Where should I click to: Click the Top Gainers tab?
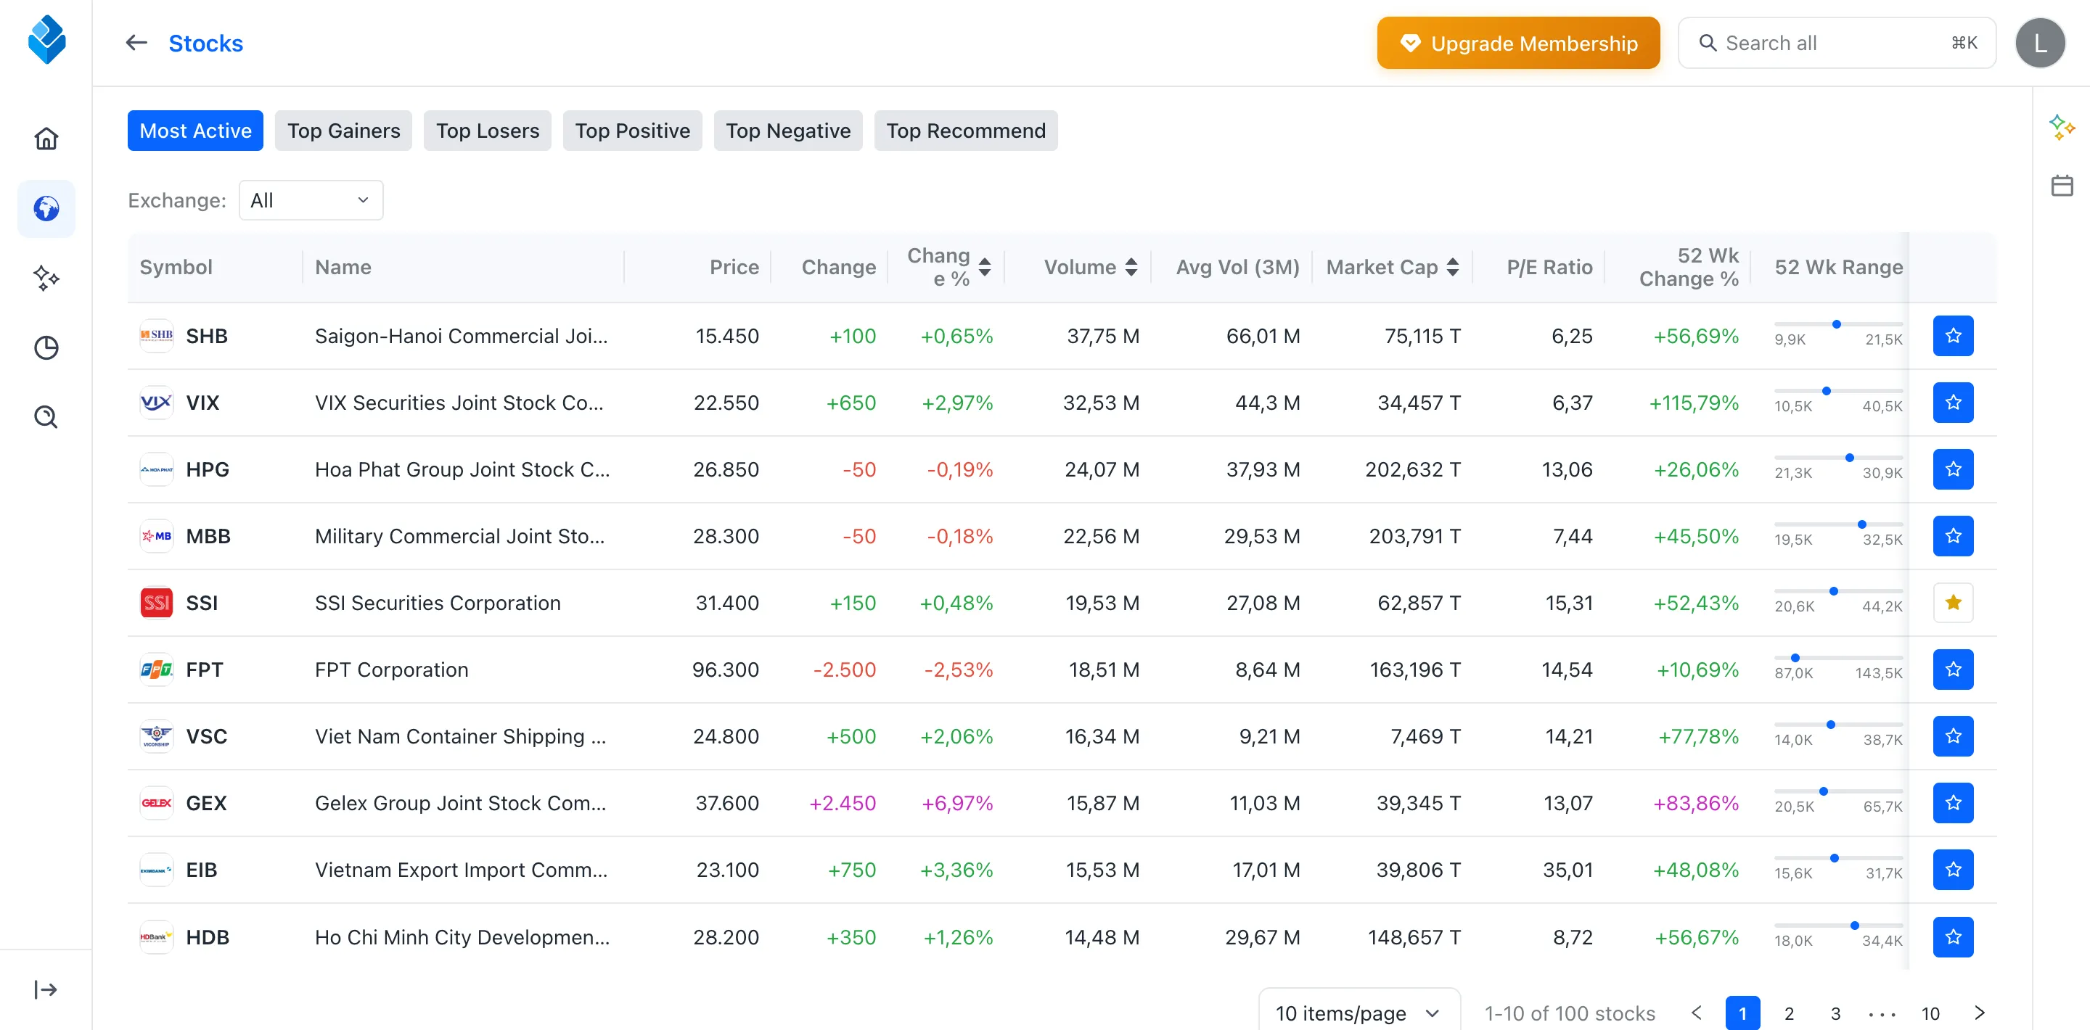pyautogui.click(x=343, y=131)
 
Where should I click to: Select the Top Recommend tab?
pyautogui.click(x=965, y=131)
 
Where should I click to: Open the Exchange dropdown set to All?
pyautogui.click(x=311, y=200)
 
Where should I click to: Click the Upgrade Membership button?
pyautogui.click(x=1518, y=43)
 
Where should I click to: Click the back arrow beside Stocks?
pyautogui.click(x=136, y=43)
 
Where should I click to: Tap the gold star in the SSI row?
pyautogui.click(x=1953, y=603)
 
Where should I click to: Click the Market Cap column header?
pyautogui.click(x=1382, y=267)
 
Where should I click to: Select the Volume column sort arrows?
pyautogui.click(x=1132, y=267)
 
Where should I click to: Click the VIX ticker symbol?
pyautogui.click(x=203, y=403)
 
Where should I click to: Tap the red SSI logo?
pyautogui.click(x=157, y=603)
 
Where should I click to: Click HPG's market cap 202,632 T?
pyautogui.click(x=1412, y=469)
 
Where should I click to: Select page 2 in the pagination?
pyautogui.click(x=1789, y=1013)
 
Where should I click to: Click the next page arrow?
pyautogui.click(x=1979, y=1013)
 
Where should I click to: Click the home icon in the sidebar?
pyautogui.click(x=46, y=139)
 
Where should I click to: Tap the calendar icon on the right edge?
pyautogui.click(x=2062, y=186)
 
